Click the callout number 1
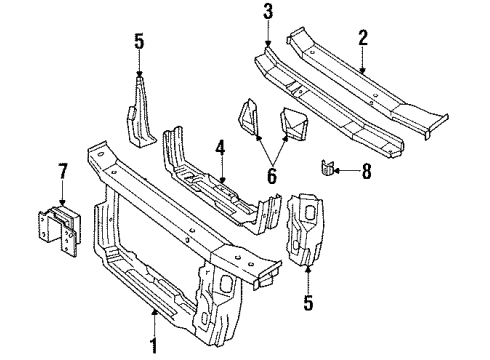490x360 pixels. coord(154,347)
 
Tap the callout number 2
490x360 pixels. coord(362,39)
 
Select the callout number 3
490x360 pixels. coord(268,12)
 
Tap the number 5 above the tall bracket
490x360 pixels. coord(138,42)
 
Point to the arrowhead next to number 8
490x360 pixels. coord(336,170)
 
